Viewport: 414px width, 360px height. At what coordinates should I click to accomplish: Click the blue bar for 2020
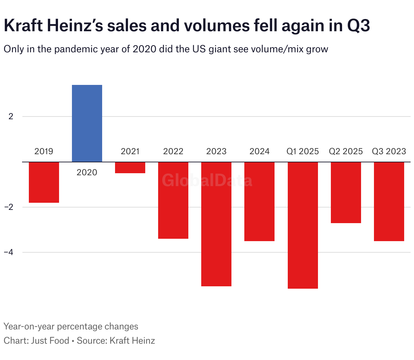[x=87, y=123]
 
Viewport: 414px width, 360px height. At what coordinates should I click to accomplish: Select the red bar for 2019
[x=44, y=182]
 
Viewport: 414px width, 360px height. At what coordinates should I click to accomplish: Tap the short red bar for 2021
[x=130, y=167]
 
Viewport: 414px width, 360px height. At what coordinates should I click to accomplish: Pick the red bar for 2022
[x=173, y=200]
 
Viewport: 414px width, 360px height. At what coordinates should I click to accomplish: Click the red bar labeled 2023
[x=216, y=224]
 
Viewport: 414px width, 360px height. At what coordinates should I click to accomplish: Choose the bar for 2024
[x=259, y=201]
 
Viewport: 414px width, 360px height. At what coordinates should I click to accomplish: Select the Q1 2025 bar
[x=303, y=225]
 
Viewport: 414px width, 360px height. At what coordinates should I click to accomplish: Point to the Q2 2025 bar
[x=346, y=192]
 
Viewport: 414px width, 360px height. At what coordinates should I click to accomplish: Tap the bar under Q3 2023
[x=389, y=201]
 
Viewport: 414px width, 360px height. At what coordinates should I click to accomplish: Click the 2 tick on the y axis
[x=11, y=116]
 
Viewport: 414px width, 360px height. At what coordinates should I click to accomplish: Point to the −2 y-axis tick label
[x=9, y=207]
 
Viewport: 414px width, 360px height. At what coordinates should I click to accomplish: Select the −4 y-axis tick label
[x=9, y=252]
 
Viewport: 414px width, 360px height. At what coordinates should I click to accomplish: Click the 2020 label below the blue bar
[x=87, y=173]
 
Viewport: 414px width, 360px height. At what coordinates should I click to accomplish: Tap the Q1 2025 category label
[x=303, y=151]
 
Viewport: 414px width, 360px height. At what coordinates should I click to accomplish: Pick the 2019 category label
[x=44, y=151]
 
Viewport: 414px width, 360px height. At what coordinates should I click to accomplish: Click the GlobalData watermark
[x=207, y=180]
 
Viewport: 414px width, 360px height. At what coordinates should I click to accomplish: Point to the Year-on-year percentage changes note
[x=71, y=327]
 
